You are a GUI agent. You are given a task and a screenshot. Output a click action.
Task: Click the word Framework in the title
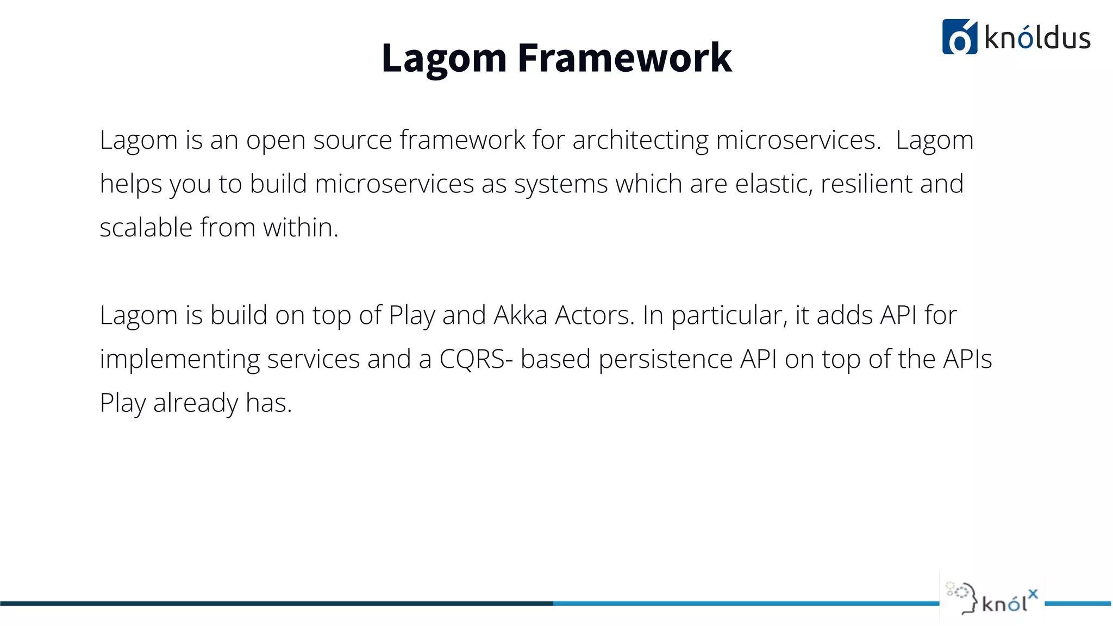pos(624,58)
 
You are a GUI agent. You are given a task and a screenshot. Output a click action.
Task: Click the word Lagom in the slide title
pos(443,59)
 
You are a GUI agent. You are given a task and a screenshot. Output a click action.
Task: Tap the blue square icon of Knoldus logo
pos(959,37)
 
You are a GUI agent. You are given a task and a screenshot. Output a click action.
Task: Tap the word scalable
pos(146,227)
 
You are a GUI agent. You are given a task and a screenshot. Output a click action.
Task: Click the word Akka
pos(520,315)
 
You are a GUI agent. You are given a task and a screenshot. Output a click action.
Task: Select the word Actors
pos(594,315)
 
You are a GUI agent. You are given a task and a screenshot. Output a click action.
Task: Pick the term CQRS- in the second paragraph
pos(476,359)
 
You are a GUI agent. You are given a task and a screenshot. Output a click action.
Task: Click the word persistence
pos(665,359)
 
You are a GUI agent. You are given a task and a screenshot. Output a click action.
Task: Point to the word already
pos(196,404)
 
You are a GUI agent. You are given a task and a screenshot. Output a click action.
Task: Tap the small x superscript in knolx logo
pos(1033,593)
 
